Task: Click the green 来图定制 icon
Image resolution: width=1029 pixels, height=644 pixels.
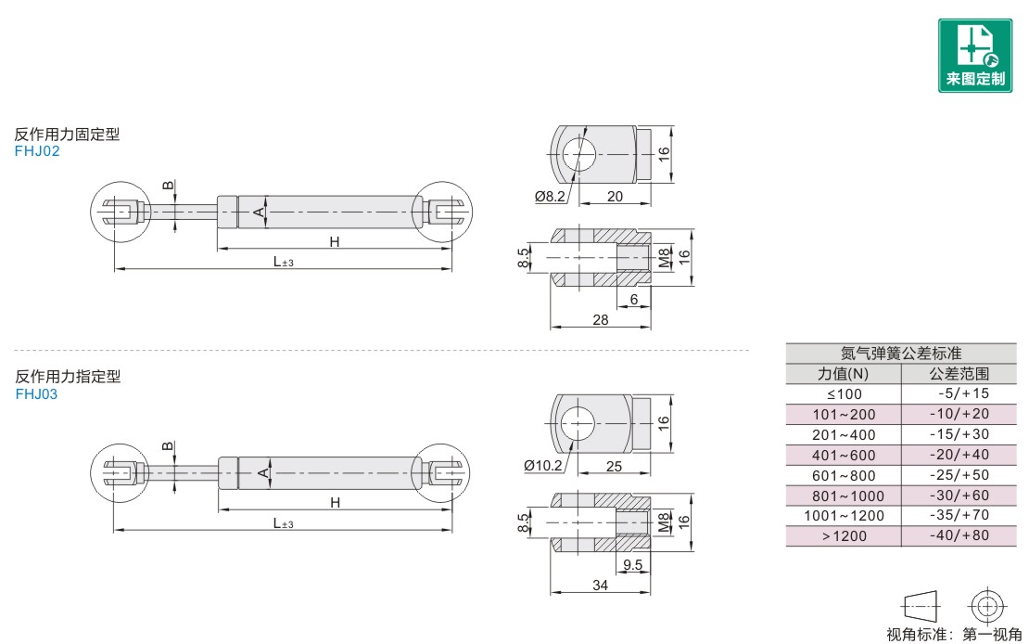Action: pyautogui.click(x=974, y=56)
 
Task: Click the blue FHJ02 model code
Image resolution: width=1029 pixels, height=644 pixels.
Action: pyautogui.click(x=37, y=151)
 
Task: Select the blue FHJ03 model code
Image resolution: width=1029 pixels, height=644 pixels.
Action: pyautogui.click(x=37, y=394)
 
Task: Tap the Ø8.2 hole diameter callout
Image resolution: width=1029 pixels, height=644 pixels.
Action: pyautogui.click(x=550, y=197)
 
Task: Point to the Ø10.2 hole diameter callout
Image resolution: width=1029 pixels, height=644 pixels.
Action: pyautogui.click(x=543, y=466)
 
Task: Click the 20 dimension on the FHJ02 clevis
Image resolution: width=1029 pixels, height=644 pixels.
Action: pyautogui.click(x=615, y=197)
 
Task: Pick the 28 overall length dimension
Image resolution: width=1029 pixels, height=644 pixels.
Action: pyautogui.click(x=601, y=320)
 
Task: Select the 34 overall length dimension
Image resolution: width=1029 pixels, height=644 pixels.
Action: pyautogui.click(x=601, y=586)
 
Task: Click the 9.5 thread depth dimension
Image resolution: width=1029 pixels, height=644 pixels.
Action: pyautogui.click(x=632, y=565)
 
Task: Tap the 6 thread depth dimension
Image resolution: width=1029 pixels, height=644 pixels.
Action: pyautogui.click(x=634, y=300)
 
